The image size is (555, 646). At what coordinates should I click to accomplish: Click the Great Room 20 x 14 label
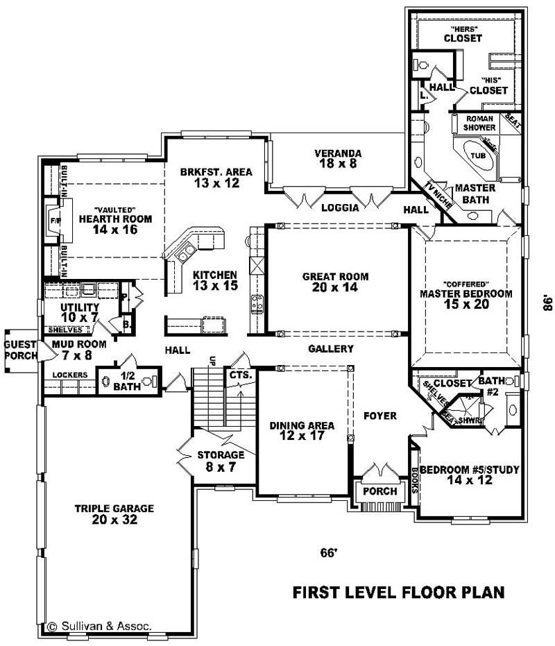tap(335, 282)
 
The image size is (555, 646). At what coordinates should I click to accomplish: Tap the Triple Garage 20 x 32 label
tap(114, 513)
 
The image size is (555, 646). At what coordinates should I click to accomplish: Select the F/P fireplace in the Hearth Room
tap(55, 221)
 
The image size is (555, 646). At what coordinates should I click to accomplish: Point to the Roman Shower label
tap(479, 124)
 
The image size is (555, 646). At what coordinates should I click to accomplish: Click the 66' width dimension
tap(328, 553)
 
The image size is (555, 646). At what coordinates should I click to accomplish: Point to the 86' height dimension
tap(547, 303)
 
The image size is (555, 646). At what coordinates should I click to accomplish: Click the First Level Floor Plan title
tap(398, 593)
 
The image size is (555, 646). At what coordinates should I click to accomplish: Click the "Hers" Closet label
tap(463, 35)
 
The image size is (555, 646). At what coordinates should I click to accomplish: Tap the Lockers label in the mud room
tap(70, 375)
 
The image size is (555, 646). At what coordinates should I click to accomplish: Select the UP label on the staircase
tap(213, 361)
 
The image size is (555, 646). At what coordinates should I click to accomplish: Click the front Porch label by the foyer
tap(380, 491)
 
